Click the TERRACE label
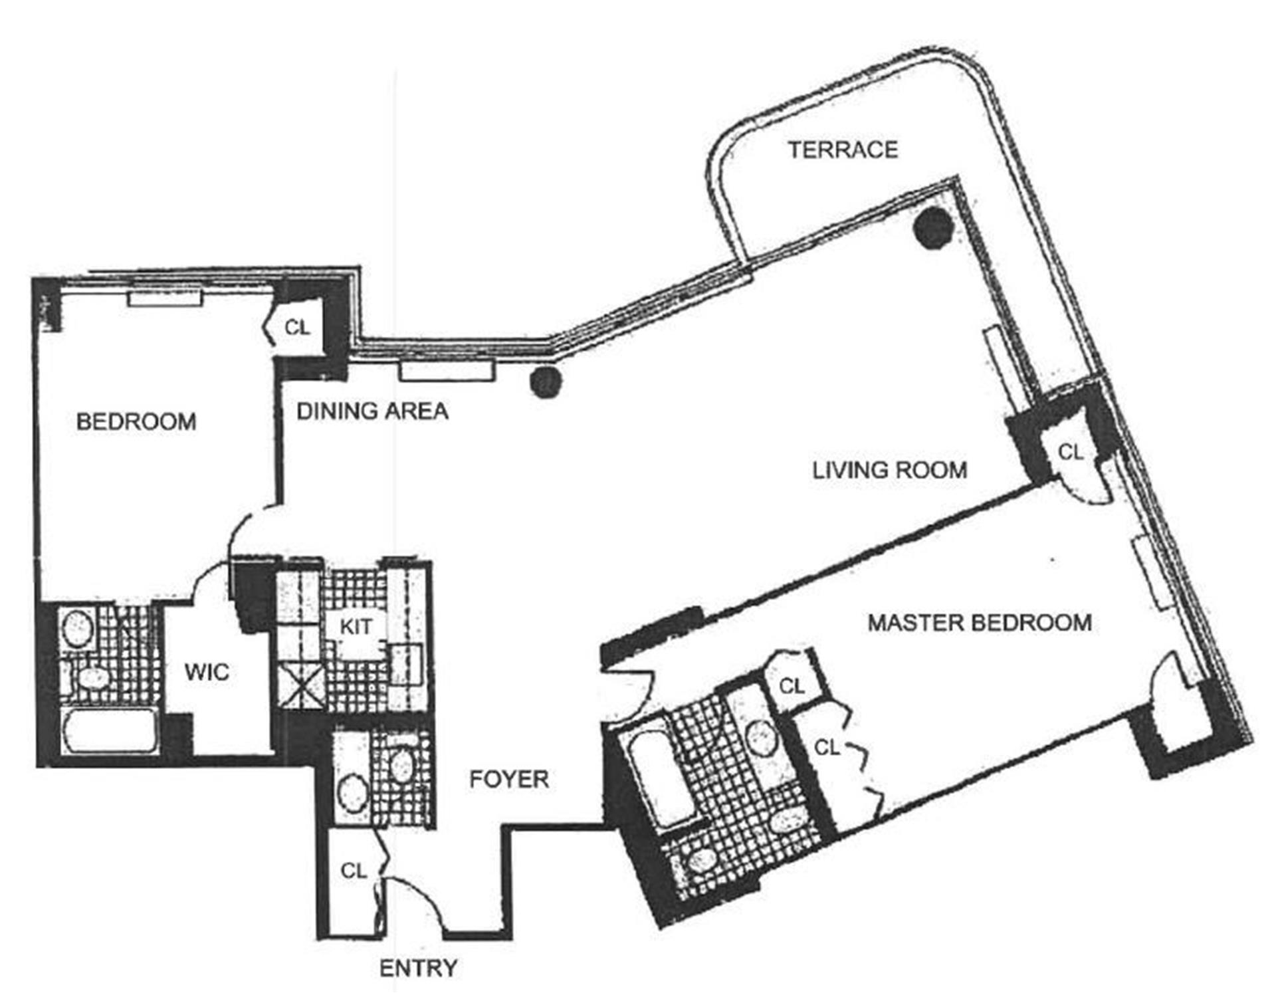(843, 150)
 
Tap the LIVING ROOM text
(889, 471)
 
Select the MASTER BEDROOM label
(980, 623)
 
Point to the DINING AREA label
(372, 411)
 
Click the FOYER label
(509, 779)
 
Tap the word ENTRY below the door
(418, 968)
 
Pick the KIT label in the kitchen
(356, 626)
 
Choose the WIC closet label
(207, 672)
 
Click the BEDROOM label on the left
(136, 421)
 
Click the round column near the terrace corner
(933, 228)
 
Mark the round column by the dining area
(546, 382)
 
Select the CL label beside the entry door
(353, 871)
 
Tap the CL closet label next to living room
(1070, 453)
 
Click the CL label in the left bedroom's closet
(297, 327)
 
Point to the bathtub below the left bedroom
(110, 730)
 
